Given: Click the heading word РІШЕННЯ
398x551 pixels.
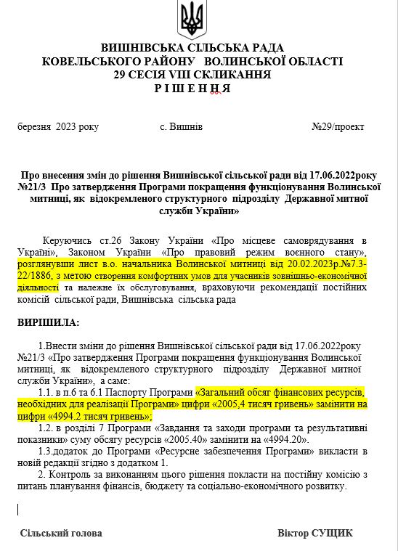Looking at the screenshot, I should click(192, 88).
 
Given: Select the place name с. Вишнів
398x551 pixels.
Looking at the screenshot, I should click(181, 127).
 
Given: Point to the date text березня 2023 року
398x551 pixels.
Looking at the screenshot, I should click(58, 127).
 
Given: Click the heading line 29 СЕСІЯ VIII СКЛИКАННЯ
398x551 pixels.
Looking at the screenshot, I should click(192, 75).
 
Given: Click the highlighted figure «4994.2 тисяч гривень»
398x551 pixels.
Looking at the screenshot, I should click(102, 417).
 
